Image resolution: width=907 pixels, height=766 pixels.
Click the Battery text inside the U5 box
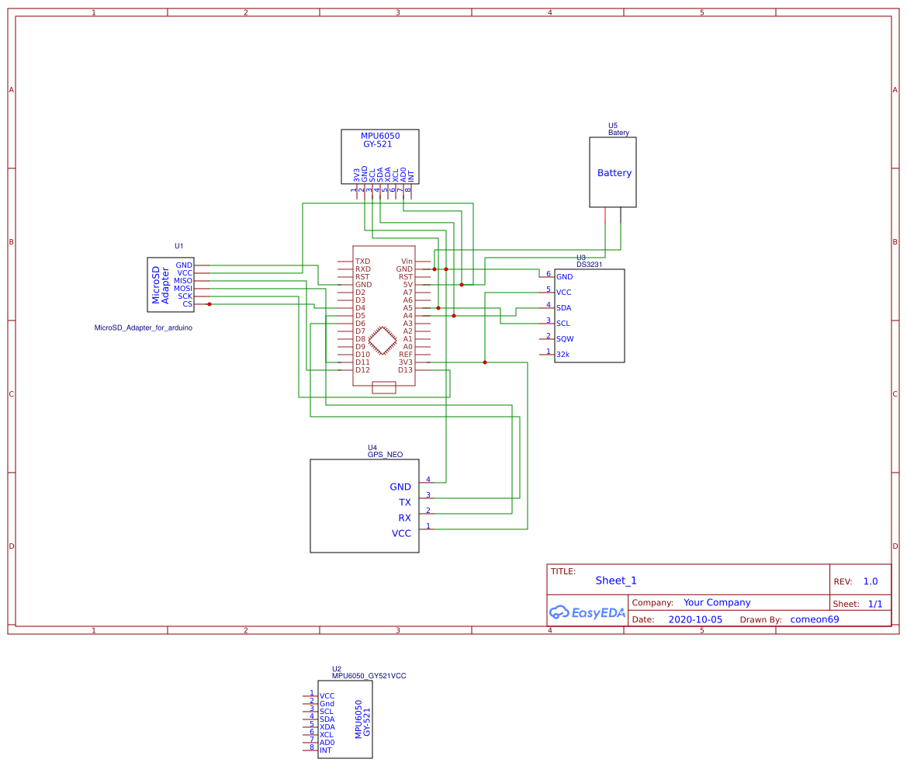[614, 173]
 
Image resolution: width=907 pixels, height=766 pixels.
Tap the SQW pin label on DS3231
[565, 339]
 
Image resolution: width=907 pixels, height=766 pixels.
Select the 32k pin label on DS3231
[563, 355]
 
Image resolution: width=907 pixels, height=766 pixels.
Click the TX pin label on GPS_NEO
[405, 503]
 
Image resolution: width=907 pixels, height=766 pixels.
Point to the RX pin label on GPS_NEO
[405, 518]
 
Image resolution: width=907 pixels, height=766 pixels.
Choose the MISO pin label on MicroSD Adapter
[183, 281]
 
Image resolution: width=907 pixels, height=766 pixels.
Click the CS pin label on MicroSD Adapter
[187, 304]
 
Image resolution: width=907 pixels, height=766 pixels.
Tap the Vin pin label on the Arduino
[407, 262]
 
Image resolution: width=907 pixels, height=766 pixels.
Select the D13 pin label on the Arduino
[405, 370]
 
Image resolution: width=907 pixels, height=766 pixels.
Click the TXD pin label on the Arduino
[362, 262]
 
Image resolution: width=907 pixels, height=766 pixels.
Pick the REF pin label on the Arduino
[406, 355]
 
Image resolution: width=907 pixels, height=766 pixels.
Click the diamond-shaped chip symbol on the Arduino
[383, 340]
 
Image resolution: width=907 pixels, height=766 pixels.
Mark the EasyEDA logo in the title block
[587, 612]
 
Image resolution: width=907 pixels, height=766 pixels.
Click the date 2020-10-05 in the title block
[694, 620]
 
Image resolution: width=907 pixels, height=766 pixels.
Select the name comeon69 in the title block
[814, 620]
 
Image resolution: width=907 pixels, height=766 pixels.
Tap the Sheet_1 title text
[616, 581]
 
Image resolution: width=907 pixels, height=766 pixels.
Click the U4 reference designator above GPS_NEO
[372, 448]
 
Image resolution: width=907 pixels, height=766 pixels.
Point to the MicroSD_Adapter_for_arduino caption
[143, 328]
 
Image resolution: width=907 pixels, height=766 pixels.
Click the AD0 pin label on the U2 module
[327, 743]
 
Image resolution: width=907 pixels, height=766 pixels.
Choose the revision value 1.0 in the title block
[871, 581]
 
